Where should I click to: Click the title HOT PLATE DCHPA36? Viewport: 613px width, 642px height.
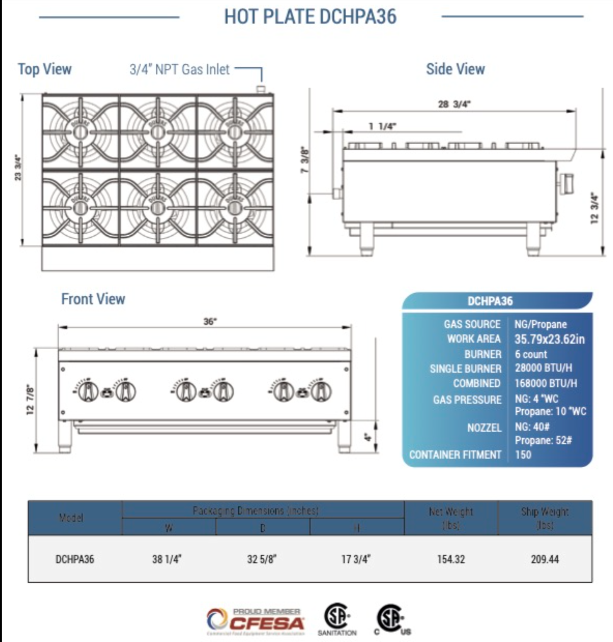[x=310, y=17]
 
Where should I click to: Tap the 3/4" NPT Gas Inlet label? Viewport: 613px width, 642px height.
[x=179, y=69]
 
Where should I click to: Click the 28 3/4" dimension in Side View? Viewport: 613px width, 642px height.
[x=454, y=104]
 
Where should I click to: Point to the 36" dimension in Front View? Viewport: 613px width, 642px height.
[x=210, y=321]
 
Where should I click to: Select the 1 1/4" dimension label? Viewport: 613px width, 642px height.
[x=382, y=126]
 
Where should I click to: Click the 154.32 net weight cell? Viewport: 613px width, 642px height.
[x=451, y=559]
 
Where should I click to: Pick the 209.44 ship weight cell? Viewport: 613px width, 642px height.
[x=545, y=559]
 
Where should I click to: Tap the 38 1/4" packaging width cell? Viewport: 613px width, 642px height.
[x=167, y=559]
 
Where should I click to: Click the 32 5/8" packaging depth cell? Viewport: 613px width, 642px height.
[x=261, y=559]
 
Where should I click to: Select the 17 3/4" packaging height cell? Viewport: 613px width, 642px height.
[x=355, y=559]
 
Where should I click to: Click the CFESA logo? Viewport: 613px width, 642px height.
[x=256, y=622]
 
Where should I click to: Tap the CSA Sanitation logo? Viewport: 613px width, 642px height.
[x=337, y=619]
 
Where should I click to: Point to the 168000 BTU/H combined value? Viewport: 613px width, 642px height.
[x=545, y=383]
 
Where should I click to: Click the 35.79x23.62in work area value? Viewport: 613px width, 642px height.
[x=549, y=339]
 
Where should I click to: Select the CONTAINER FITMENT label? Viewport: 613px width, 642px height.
[x=455, y=455]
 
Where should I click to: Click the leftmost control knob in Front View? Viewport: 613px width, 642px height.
[x=88, y=391]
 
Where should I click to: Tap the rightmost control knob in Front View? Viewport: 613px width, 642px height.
[x=321, y=391]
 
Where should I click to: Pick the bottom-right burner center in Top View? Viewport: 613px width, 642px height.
[x=235, y=208]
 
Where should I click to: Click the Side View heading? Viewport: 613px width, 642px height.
[x=455, y=69]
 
